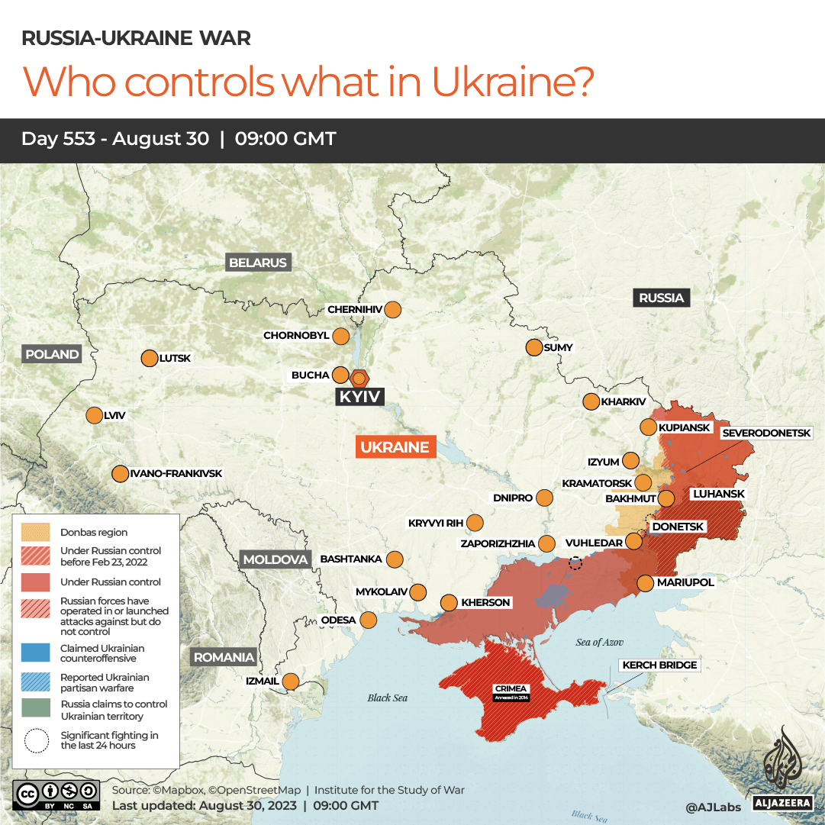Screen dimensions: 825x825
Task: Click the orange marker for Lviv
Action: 94,415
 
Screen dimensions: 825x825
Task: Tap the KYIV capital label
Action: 360,397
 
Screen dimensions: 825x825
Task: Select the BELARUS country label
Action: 258,263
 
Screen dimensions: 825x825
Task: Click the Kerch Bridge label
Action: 659,665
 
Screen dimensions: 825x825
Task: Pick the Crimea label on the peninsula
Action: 511,689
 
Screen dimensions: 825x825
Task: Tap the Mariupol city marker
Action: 645,582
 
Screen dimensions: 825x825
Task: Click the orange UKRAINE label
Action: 395,447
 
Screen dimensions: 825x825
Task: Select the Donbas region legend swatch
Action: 35,532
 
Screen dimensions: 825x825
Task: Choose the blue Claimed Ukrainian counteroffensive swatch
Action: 35,653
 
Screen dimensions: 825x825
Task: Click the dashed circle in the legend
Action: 35,740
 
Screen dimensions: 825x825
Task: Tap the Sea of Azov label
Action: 599,643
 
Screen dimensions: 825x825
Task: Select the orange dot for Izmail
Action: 291,681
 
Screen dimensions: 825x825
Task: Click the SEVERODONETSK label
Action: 765,433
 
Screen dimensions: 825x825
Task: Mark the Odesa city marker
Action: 368,620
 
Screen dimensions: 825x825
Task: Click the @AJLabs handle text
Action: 712,805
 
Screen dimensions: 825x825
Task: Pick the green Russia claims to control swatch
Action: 35,710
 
